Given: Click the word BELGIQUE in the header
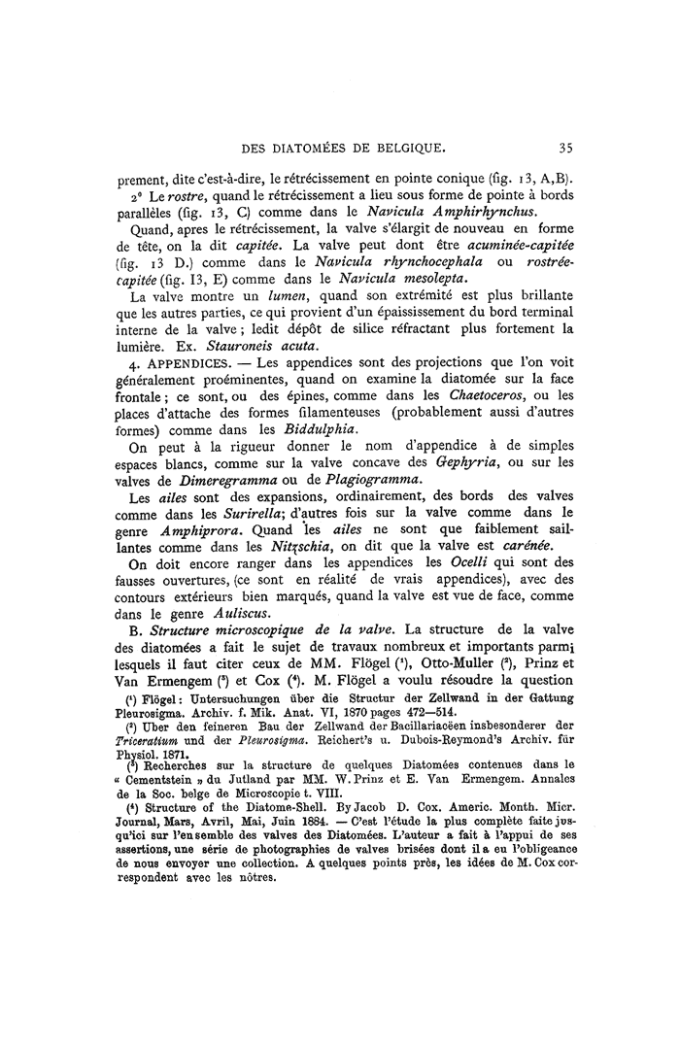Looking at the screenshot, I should click(404, 149).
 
